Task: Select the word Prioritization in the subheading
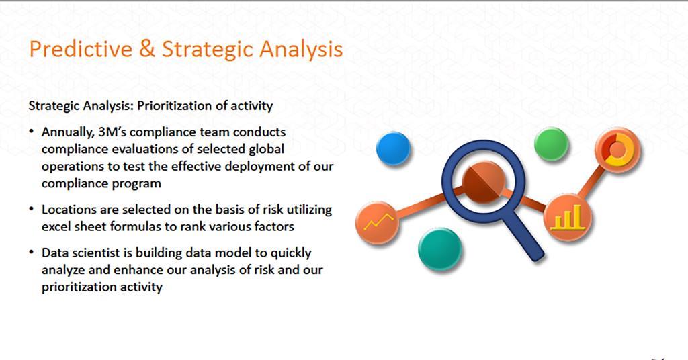point(172,106)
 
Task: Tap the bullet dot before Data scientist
point(32,253)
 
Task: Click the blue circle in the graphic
point(393,148)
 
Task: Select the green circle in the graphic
point(551,144)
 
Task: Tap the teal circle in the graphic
point(439,248)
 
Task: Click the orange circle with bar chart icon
point(568,217)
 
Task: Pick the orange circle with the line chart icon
point(378,222)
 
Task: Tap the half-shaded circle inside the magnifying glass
point(482,181)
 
